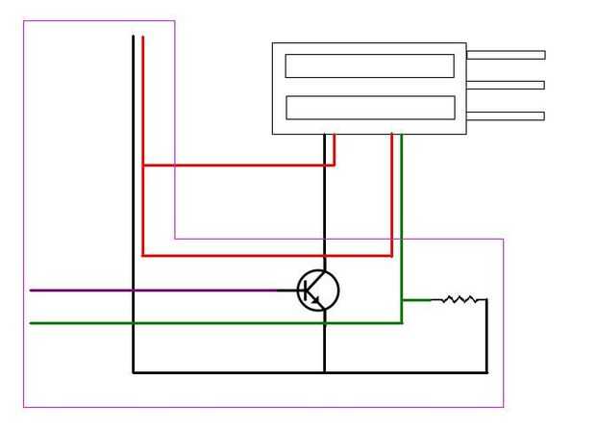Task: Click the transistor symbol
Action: click(x=318, y=290)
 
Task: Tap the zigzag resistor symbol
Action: click(x=459, y=299)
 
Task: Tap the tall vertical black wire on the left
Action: click(x=133, y=192)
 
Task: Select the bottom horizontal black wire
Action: click(x=404, y=372)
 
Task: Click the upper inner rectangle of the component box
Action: click(x=369, y=65)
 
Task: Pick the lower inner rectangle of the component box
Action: click(x=370, y=107)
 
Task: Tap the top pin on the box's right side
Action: click(x=506, y=55)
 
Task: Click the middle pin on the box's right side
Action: click(x=506, y=86)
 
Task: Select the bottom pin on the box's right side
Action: click(x=506, y=116)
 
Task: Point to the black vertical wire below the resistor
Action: click(x=486, y=337)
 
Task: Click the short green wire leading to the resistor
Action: click(x=416, y=300)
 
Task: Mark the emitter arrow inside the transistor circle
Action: click(x=314, y=300)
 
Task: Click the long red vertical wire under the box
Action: click(x=392, y=192)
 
